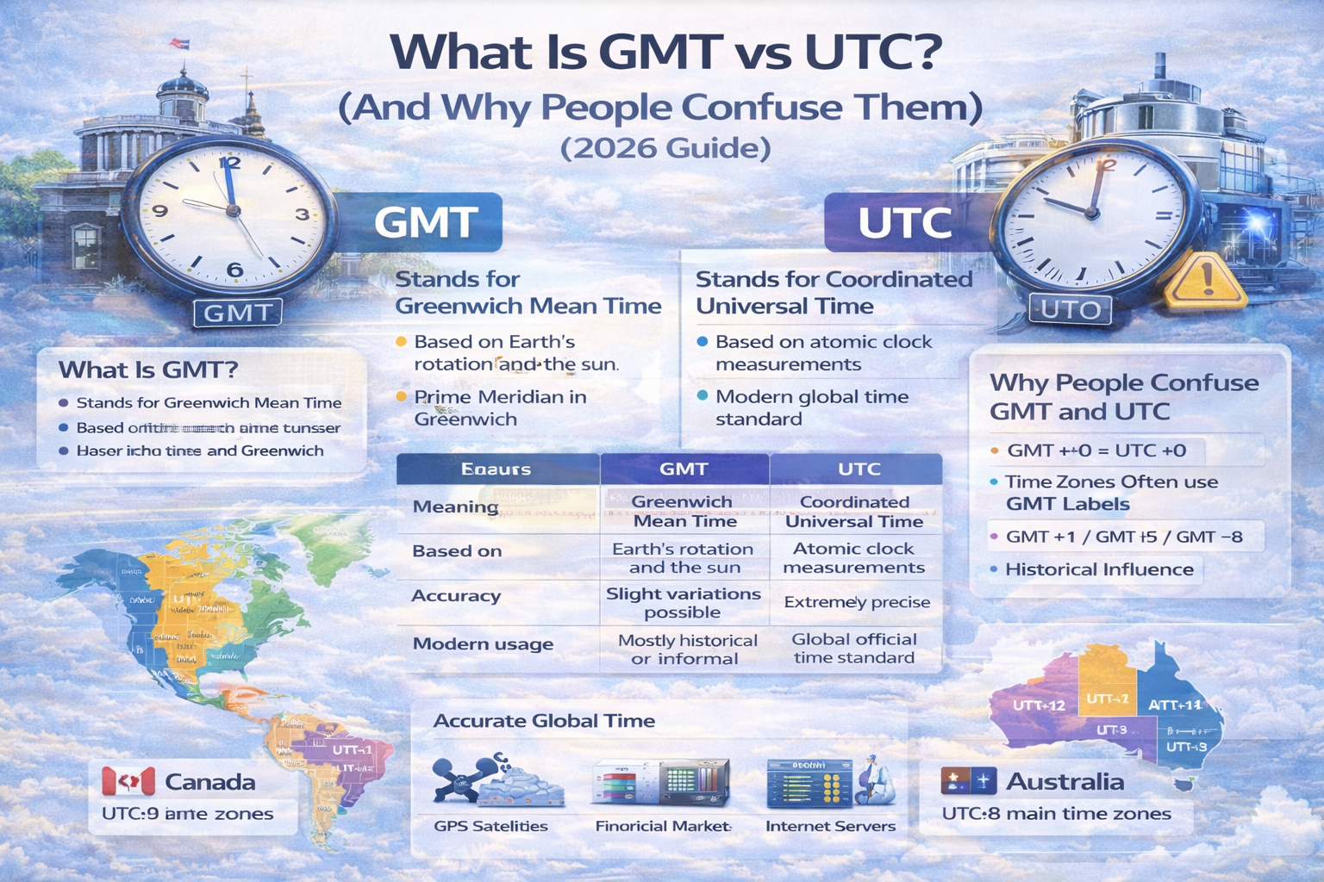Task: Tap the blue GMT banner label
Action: point(426,222)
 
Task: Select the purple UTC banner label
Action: point(904,222)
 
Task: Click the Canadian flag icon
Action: point(128,782)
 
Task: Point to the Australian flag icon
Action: point(968,781)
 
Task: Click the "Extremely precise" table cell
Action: point(857,602)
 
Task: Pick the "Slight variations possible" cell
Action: point(683,603)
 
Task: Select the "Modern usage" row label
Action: point(483,643)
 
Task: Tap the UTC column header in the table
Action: point(859,469)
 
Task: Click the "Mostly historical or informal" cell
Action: point(687,649)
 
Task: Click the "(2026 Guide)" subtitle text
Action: point(665,148)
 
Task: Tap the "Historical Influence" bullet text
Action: point(1098,569)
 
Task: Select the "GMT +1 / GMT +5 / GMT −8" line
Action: point(1123,537)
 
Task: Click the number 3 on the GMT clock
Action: point(301,214)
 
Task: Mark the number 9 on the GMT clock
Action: point(159,211)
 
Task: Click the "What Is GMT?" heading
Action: point(148,370)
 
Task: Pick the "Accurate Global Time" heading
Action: point(544,721)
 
